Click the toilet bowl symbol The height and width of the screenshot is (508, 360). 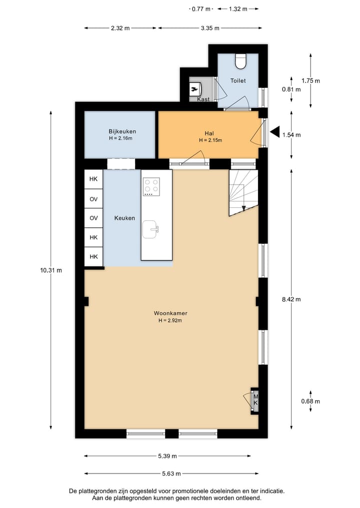[240, 60]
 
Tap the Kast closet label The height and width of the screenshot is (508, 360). [203, 99]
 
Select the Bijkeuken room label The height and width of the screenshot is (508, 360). [122, 131]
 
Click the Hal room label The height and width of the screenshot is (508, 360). [209, 133]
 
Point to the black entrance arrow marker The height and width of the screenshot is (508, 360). [275, 132]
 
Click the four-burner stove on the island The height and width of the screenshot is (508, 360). [151, 186]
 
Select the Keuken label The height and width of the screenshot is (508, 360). [124, 218]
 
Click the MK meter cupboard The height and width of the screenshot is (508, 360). [255, 400]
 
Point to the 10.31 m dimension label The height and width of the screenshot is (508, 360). [51, 270]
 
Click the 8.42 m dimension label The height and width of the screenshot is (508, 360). [291, 299]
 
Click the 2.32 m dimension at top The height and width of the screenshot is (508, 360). [120, 28]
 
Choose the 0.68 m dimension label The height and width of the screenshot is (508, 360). [310, 401]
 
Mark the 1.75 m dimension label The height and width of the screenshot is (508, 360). [310, 80]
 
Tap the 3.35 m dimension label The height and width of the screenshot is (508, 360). [210, 28]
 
